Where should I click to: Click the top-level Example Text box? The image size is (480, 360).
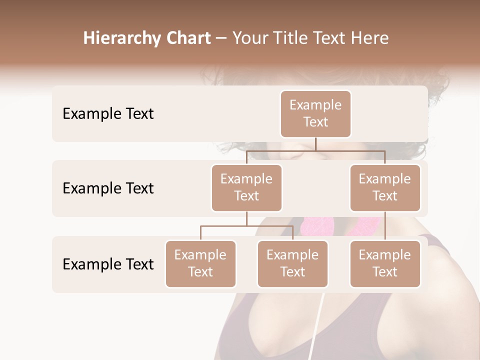tap(315, 114)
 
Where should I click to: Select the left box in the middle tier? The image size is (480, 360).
tap(246, 188)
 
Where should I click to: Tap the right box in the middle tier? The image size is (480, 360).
tap(385, 188)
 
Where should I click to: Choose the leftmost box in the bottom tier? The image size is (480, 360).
tap(200, 264)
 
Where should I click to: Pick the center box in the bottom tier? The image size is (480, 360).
tap(292, 264)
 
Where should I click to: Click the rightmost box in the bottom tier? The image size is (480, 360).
tap(385, 264)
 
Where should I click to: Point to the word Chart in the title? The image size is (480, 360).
tap(186, 38)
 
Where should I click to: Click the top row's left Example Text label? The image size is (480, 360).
tap(108, 114)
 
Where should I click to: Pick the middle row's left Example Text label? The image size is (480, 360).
tap(108, 188)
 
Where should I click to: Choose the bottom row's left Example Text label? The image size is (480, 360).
tap(108, 264)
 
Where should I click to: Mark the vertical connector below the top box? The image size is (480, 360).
tap(315, 144)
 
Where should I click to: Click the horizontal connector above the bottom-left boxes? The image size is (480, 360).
tap(246, 226)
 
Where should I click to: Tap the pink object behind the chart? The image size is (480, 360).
tap(320, 226)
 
